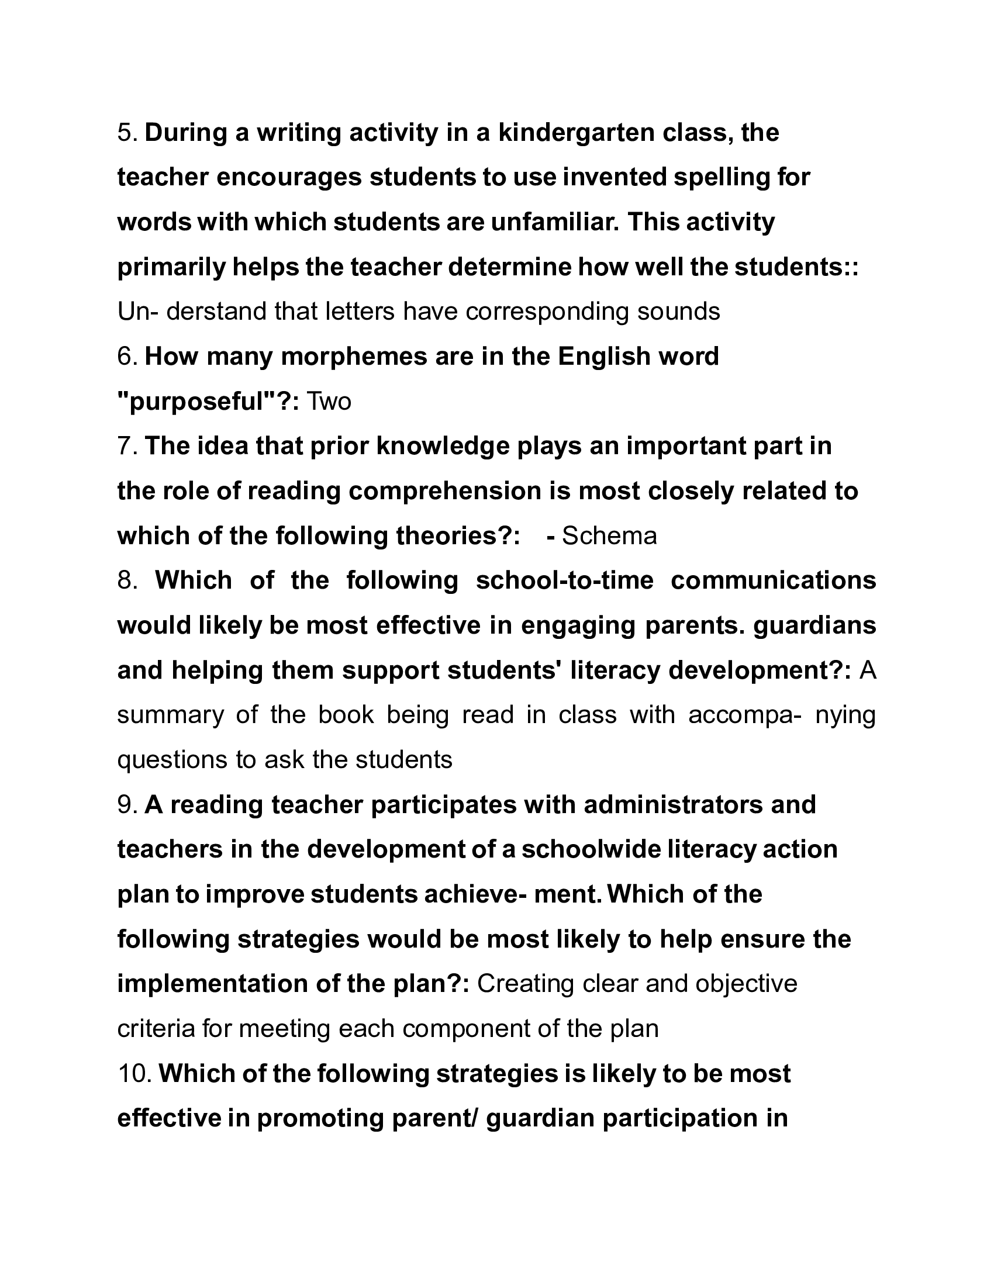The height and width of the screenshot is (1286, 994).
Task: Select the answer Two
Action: [x=330, y=402]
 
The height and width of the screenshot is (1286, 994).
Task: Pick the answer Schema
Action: [x=609, y=536]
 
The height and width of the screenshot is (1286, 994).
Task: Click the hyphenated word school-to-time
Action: [x=564, y=580]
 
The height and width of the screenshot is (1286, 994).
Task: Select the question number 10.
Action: [x=135, y=1073]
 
